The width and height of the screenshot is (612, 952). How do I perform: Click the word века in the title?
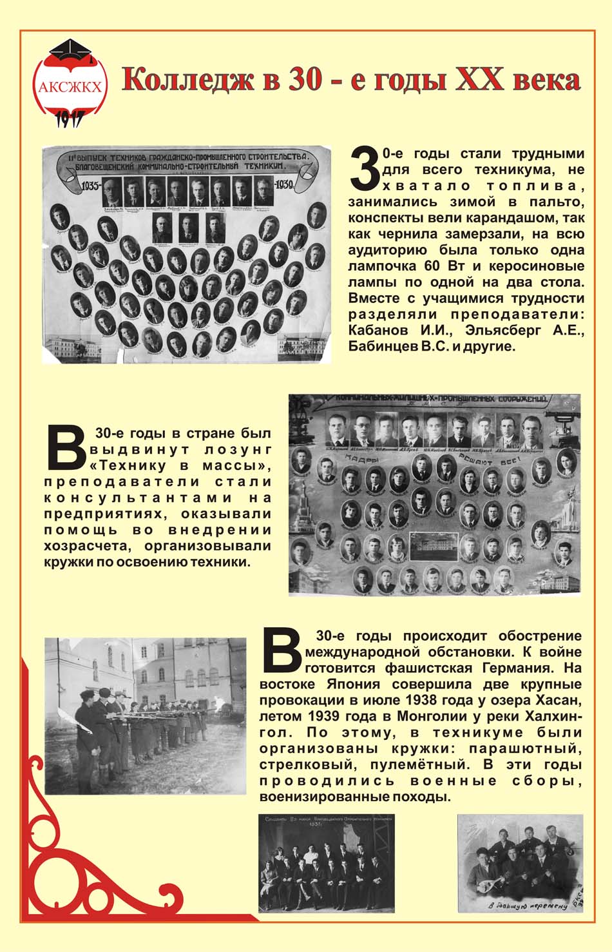pos(546,80)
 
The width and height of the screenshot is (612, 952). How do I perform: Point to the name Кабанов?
pos(378,331)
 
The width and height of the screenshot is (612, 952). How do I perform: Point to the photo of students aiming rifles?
pos(146,716)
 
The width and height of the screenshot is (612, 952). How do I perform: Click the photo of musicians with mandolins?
pos(520,864)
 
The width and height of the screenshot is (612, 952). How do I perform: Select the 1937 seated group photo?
pos(326,863)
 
